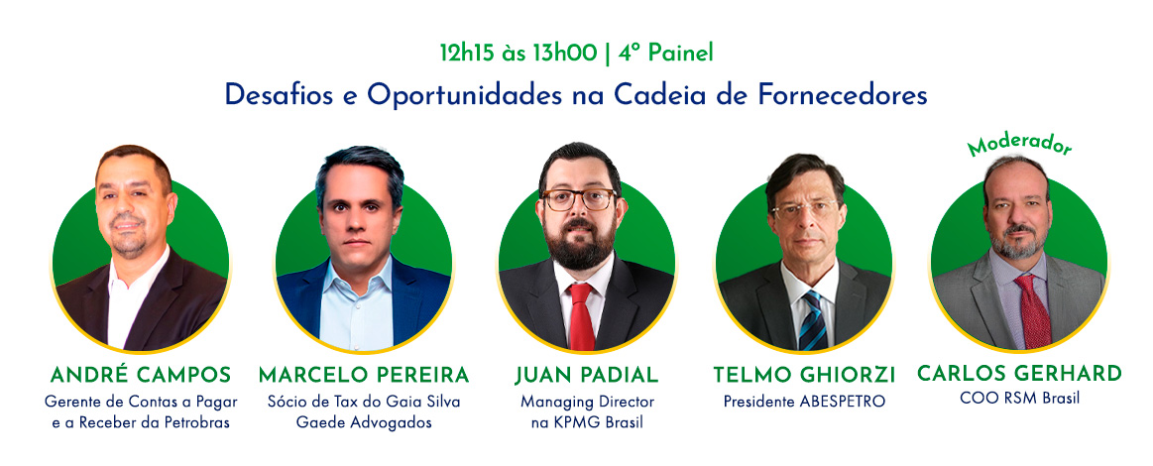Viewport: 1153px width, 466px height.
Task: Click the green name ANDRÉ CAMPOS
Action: [x=141, y=375]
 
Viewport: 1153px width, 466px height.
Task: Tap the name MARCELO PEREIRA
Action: [x=363, y=375]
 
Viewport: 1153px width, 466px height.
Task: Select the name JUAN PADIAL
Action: [x=586, y=375]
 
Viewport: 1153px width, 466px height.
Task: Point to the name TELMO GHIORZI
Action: [x=804, y=376]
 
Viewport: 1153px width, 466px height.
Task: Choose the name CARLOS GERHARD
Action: [x=1019, y=374]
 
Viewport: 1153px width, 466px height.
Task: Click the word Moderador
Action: [x=1020, y=144]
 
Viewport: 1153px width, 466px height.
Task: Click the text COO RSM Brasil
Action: [x=1019, y=400]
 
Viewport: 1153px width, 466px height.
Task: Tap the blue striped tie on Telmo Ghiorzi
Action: [x=812, y=320]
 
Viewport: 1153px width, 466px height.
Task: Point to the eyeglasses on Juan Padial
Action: [x=579, y=199]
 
